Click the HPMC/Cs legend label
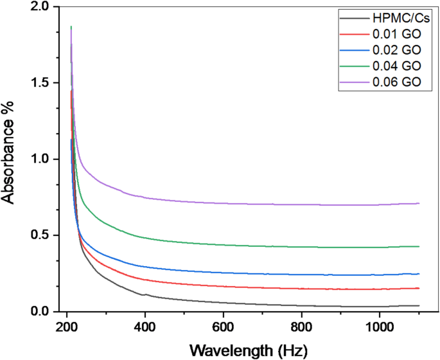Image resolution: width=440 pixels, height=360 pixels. point(397,17)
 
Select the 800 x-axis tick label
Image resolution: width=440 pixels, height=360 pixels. point(301,326)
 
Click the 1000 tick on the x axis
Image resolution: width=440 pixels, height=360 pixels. point(379,326)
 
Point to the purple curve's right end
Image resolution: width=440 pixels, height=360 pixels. point(419,203)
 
